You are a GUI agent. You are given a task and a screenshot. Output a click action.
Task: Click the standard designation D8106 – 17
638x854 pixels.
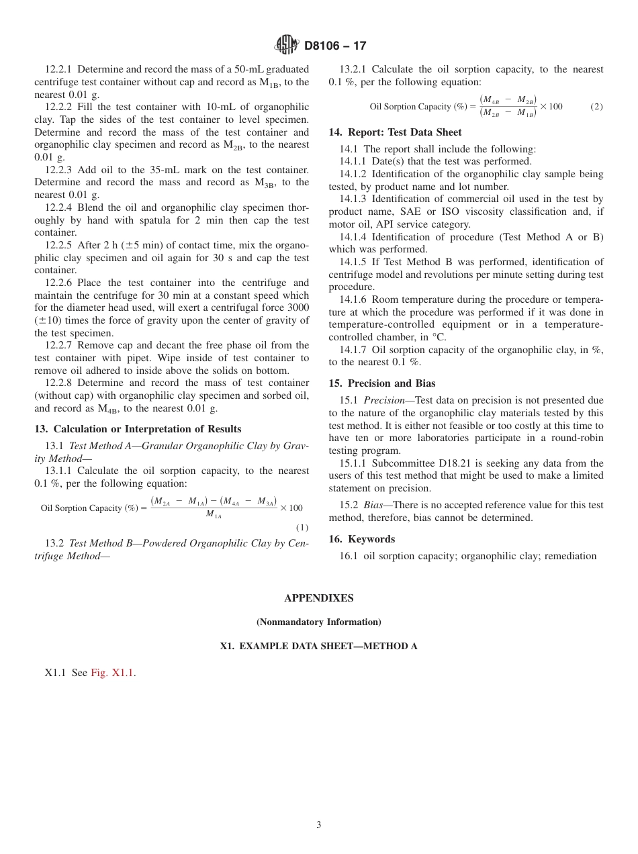335,46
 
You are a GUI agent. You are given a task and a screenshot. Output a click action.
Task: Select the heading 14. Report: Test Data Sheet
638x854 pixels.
395,132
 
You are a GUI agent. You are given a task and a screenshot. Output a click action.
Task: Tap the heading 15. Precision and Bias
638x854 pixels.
381,383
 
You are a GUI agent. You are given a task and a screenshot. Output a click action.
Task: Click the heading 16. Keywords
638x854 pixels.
361,539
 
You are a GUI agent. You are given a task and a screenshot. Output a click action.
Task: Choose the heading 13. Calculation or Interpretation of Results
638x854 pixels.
138,429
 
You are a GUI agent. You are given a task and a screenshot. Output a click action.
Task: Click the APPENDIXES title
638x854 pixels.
318,598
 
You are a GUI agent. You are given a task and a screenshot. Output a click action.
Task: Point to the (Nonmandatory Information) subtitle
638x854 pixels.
318,622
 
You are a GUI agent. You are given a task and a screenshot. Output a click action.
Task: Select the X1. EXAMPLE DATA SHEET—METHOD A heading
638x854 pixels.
318,647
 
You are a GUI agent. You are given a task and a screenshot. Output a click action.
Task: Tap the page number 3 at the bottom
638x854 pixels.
318,825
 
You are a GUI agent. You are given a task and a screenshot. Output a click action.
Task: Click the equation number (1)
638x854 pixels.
302,528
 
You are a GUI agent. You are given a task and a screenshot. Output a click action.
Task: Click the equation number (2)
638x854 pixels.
596,107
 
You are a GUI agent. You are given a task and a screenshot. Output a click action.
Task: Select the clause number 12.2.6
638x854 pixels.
63,283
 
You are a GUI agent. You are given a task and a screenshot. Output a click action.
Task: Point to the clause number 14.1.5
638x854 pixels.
357,262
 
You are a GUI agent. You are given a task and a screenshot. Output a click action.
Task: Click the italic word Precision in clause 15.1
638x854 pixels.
384,401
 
